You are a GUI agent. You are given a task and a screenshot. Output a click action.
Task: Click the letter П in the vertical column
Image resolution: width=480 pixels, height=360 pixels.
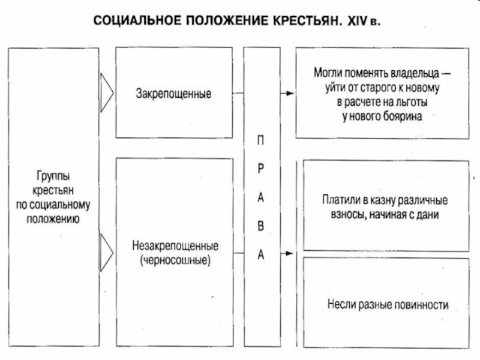point(261,139)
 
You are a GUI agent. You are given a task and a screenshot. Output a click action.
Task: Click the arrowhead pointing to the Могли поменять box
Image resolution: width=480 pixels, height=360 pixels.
point(290,94)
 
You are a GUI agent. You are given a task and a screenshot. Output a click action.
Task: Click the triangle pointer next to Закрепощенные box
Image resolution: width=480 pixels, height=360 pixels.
point(107,93)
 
